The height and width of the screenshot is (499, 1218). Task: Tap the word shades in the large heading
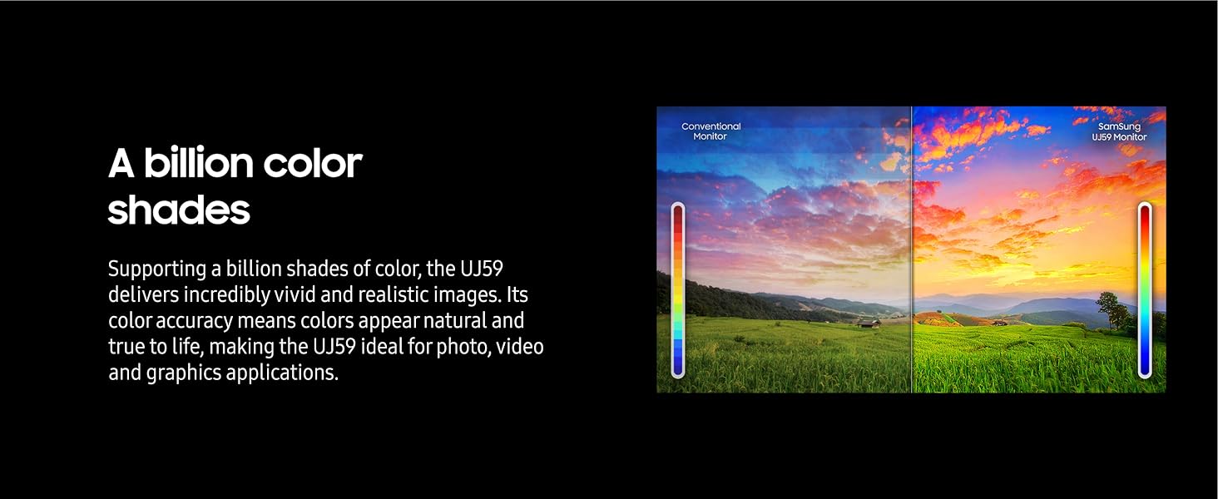(179, 210)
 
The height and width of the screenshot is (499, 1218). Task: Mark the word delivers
(143, 294)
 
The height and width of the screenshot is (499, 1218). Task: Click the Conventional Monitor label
(710, 131)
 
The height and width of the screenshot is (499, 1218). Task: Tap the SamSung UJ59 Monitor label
(1119, 131)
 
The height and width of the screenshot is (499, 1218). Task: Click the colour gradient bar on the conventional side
(678, 290)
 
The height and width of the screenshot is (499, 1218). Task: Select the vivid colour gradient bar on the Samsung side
(1145, 290)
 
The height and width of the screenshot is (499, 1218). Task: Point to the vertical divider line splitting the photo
(912, 249)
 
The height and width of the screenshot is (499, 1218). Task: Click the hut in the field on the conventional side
(869, 324)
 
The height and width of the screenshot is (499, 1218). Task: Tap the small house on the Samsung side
(999, 323)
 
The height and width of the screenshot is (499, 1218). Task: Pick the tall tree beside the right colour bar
(1112, 310)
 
